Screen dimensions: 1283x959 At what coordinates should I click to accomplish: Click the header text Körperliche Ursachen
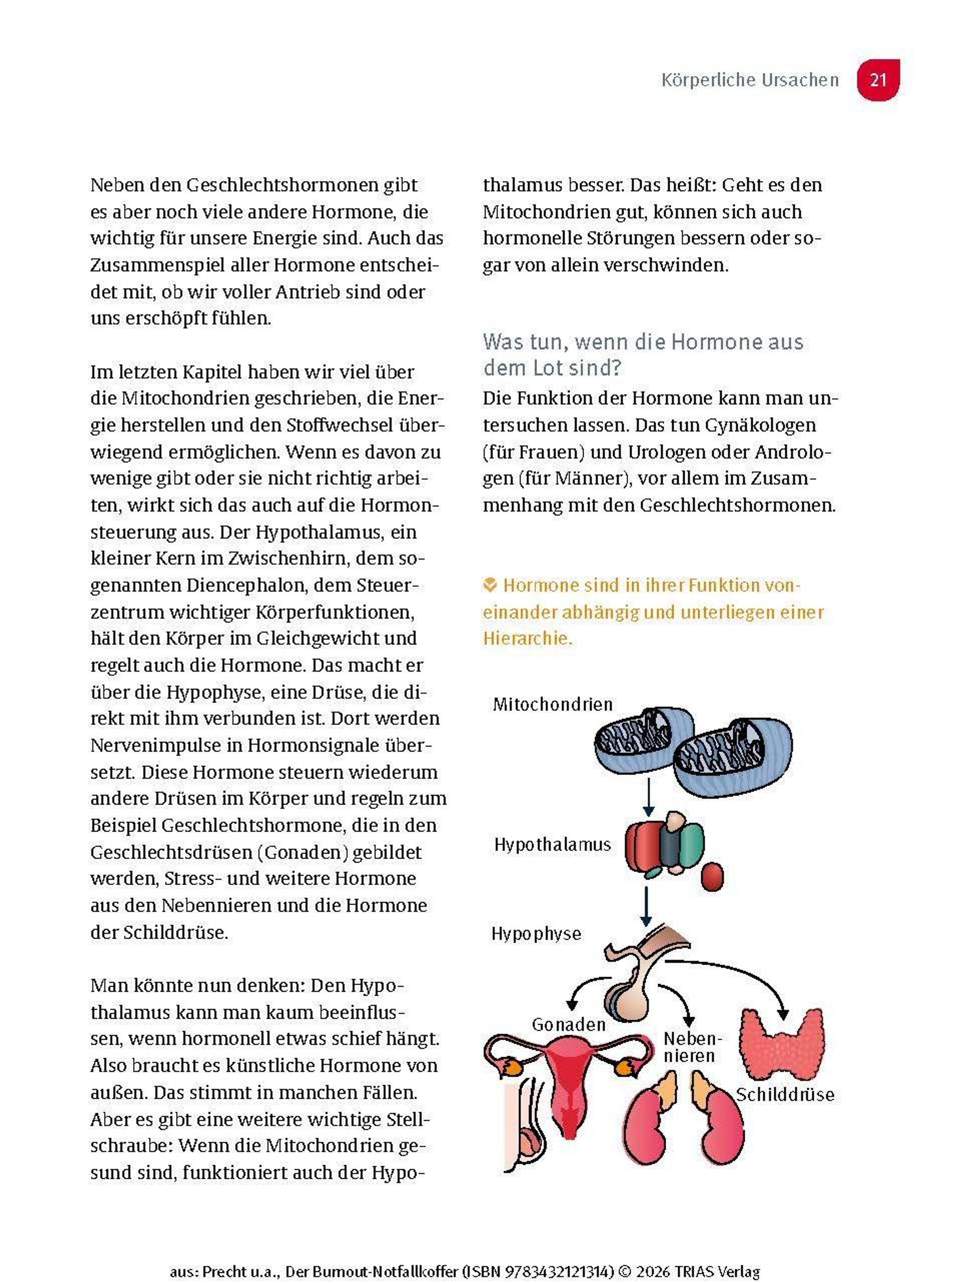click(x=750, y=80)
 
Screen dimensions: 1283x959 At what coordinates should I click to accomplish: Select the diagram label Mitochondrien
click(x=552, y=704)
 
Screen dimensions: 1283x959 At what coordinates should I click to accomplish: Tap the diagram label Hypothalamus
click(x=552, y=844)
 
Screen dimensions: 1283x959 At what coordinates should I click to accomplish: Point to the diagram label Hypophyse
click(x=535, y=933)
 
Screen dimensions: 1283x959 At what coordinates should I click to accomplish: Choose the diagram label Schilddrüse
click(x=784, y=1094)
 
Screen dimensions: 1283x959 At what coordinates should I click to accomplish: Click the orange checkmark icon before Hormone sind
click(x=489, y=585)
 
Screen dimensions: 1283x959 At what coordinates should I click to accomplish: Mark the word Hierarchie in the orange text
click(x=527, y=638)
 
